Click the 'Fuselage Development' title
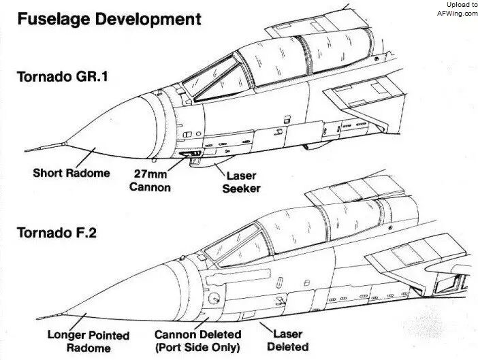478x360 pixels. pos(109,19)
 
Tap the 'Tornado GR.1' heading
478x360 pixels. pos(63,76)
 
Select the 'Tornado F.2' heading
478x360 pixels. pos(57,233)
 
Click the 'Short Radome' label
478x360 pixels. pos(71,173)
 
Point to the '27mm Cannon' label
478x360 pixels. pos(150,180)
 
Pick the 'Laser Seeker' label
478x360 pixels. pos(242,182)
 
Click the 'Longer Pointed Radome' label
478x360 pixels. pos(89,341)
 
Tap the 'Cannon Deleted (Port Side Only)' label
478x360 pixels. pos(198,340)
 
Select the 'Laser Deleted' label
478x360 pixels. pos(288,340)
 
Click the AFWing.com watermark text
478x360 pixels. pos(458,14)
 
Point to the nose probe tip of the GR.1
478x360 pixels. pos(26,151)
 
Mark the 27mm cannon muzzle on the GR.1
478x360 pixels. pos(189,154)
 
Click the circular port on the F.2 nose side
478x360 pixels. pos(214,298)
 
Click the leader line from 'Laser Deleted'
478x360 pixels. pos(266,328)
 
